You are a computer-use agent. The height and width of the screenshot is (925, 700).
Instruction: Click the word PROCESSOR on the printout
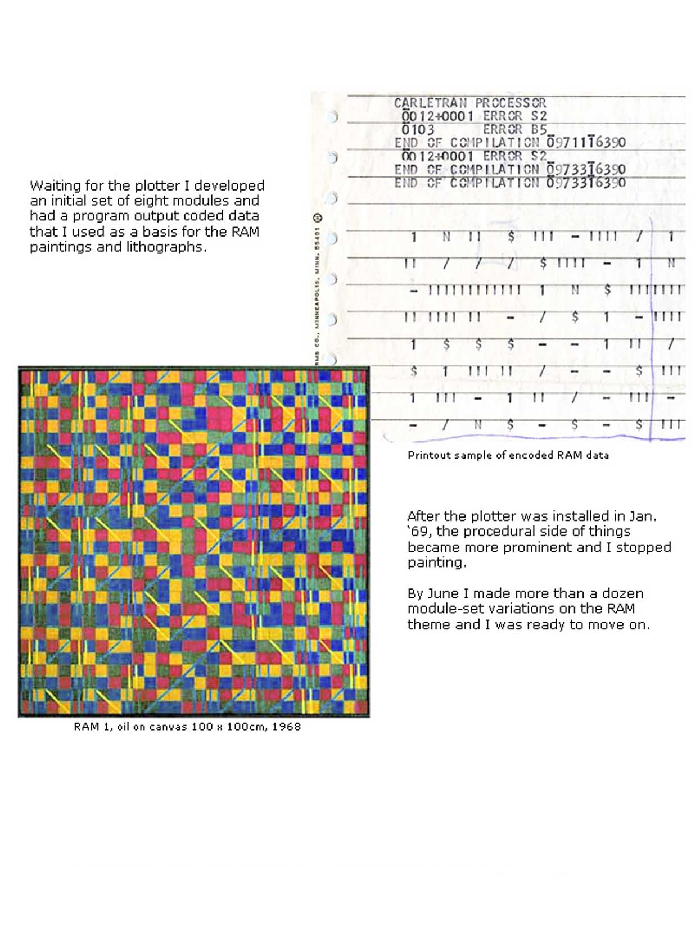pyautogui.click(x=511, y=103)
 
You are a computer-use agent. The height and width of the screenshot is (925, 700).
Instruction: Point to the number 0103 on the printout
pyautogui.click(x=418, y=129)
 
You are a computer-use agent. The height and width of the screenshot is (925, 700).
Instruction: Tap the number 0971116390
pyautogui.click(x=586, y=143)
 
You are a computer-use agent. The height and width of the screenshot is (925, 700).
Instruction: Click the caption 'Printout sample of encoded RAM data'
pyautogui.click(x=508, y=455)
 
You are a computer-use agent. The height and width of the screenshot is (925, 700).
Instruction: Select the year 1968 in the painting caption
pyautogui.click(x=287, y=727)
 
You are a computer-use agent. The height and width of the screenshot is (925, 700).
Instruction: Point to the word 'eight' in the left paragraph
pyautogui.click(x=151, y=201)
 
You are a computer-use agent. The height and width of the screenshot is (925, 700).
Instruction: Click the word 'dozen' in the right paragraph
pyautogui.click(x=622, y=594)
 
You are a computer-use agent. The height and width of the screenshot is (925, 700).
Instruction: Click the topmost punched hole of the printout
pyautogui.click(x=332, y=116)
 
